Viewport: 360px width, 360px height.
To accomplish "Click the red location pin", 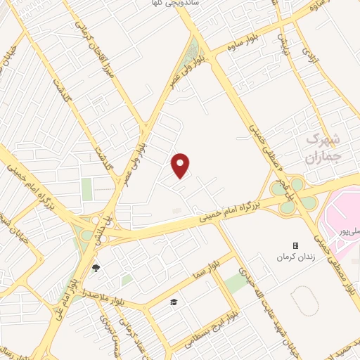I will click(x=181, y=165).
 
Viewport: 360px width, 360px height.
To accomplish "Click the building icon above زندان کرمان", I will click(x=295, y=245).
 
